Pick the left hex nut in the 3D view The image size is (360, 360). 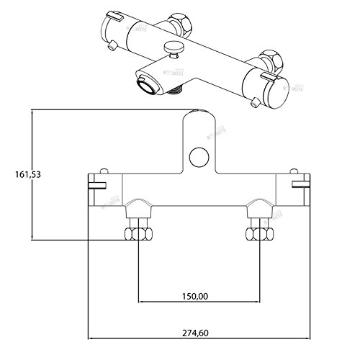[x=179, y=20]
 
